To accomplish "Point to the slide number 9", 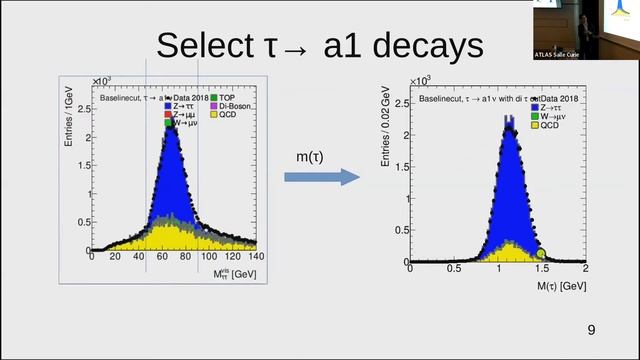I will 591,331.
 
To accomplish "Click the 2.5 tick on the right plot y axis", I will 398,103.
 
